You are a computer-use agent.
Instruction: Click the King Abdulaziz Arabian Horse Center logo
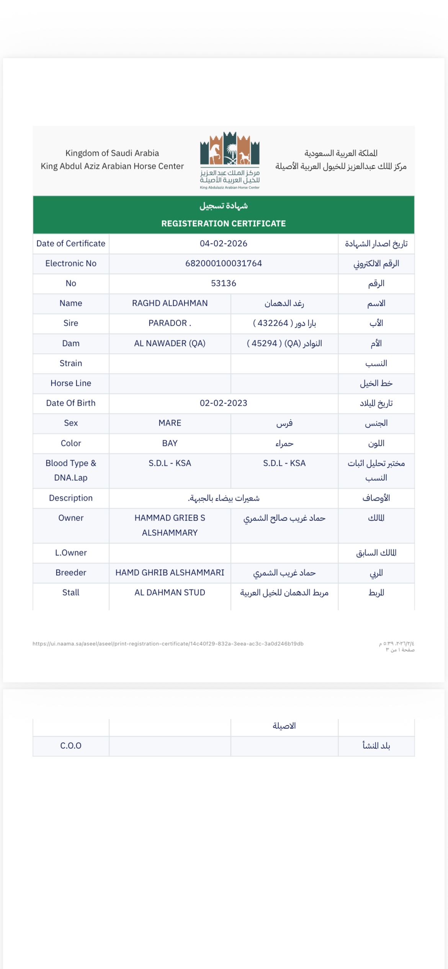(229, 160)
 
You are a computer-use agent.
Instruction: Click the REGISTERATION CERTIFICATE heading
(223, 223)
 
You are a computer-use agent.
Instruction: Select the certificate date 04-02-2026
(223, 243)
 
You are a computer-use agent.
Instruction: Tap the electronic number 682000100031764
(223, 263)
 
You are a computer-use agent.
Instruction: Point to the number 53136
(223, 283)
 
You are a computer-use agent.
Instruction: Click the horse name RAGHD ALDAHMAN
(170, 303)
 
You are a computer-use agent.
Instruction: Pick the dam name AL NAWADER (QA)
(170, 343)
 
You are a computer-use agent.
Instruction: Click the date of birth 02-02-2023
(223, 403)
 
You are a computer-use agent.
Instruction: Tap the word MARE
(170, 423)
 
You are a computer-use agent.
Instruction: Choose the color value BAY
(170, 443)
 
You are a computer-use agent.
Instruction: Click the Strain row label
(71, 363)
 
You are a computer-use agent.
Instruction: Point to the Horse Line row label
(71, 383)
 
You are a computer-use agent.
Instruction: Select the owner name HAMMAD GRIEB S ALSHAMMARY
(170, 525)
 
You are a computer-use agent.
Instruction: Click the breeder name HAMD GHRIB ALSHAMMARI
(170, 573)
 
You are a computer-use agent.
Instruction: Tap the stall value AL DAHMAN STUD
(170, 592)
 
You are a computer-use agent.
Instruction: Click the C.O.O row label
(71, 746)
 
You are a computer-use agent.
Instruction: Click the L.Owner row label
(71, 553)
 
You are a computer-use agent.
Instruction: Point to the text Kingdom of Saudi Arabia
(112, 153)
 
